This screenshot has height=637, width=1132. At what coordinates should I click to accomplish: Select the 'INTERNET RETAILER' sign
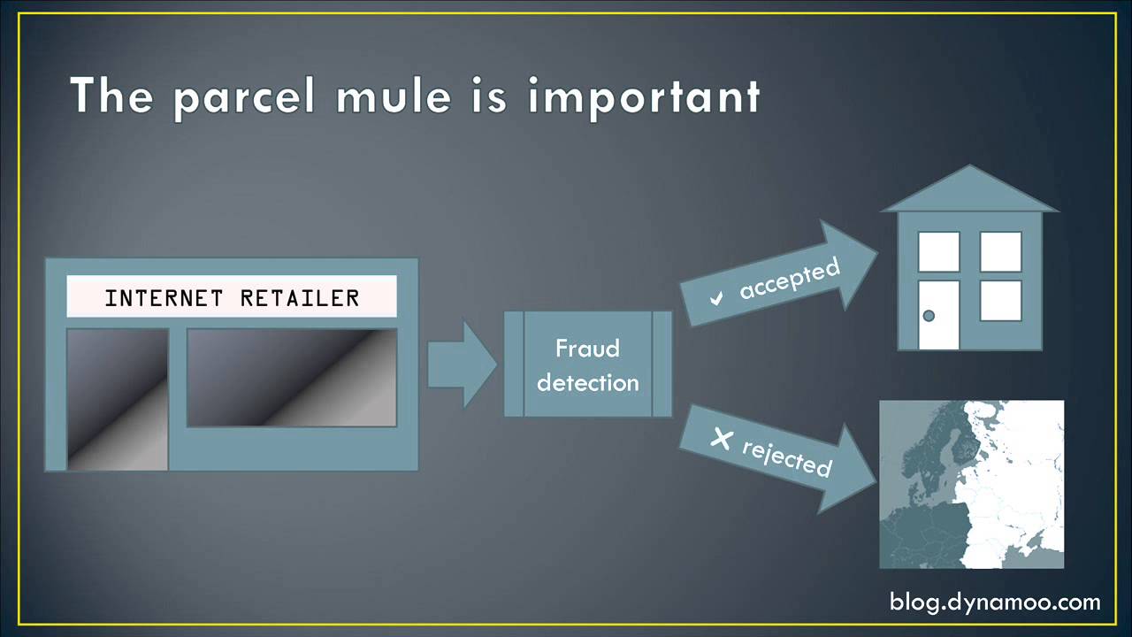point(232,297)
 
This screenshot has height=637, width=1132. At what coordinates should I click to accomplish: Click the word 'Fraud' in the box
point(587,349)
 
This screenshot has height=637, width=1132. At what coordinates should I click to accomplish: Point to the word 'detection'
point(587,383)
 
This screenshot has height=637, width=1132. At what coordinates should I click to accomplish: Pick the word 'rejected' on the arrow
point(787,456)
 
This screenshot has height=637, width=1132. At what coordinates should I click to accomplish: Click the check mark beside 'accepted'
point(716,298)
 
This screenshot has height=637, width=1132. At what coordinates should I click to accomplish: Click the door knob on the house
point(929,316)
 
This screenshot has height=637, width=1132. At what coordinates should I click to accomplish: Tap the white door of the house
point(938,315)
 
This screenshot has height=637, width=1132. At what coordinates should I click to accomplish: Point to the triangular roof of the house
point(970,190)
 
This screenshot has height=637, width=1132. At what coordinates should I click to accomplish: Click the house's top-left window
point(938,251)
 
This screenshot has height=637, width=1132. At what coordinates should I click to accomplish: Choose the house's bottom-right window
point(1001,300)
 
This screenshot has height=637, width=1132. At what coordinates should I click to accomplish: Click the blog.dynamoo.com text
point(995,602)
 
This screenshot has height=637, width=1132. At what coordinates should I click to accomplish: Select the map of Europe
point(971,484)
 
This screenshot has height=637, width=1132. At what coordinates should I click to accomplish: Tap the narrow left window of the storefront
point(118,399)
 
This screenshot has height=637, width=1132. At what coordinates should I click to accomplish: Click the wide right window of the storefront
point(292,378)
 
